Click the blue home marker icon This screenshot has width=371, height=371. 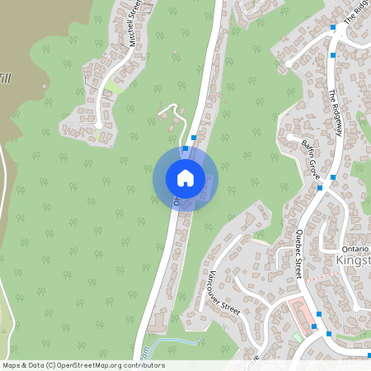click(185, 177)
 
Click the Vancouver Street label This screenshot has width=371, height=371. click(223, 294)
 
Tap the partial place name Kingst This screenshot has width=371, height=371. click(355, 261)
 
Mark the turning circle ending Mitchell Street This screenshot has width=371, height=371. click(98, 124)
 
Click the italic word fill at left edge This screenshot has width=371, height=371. click(6, 78)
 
